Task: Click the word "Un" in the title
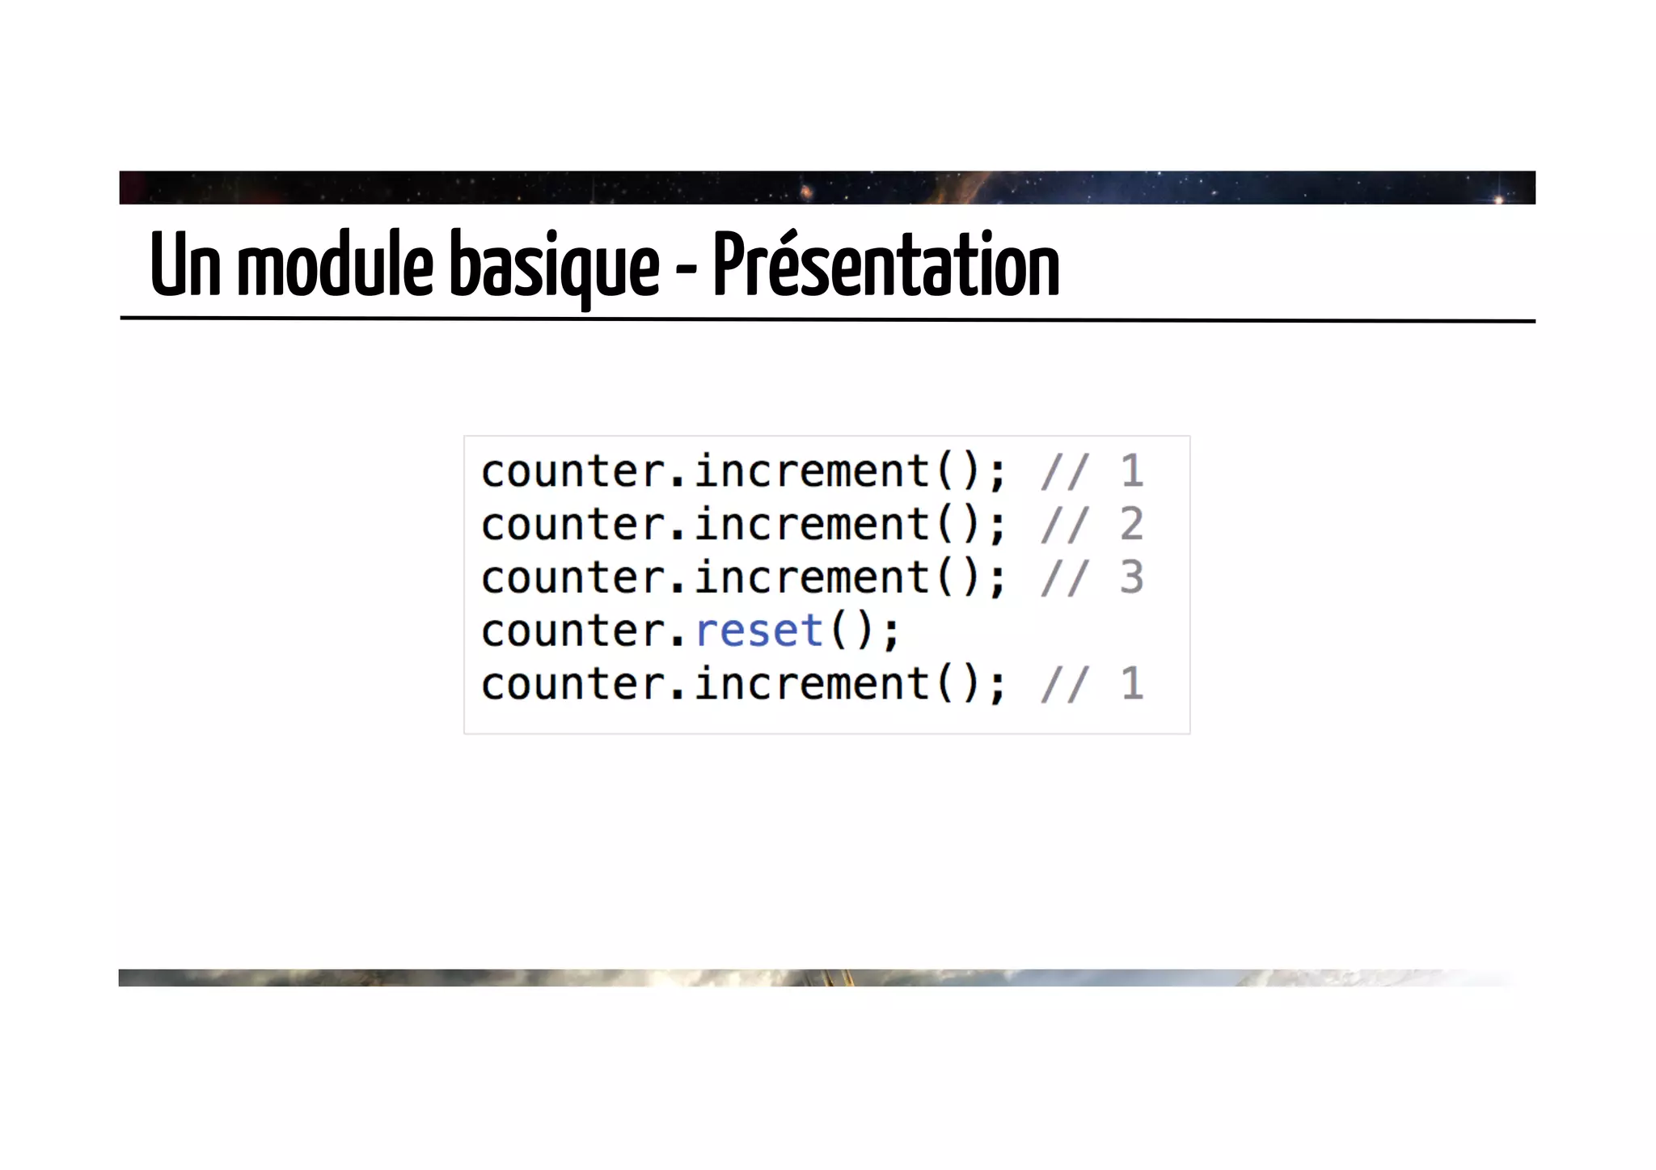(185, 265)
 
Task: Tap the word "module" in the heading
(335, 265)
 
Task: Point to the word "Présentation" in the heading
(885, 264)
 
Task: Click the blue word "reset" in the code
(758, 631)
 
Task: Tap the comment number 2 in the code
(1131, 524)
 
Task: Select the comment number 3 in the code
(1131, 577)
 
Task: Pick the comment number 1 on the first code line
(1131, 471)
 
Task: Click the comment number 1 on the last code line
(1131, 684)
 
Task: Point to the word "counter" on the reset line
(572, 631)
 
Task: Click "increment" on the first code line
(812, 471)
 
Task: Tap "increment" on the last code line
(812, 684)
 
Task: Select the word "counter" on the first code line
(572, 471)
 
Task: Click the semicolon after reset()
(890, 633)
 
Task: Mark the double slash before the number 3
(1065, 577)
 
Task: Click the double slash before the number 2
(1065, 524)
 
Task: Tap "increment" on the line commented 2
(812, 524)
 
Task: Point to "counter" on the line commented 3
(572, 577)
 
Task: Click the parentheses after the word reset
(852, 631)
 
